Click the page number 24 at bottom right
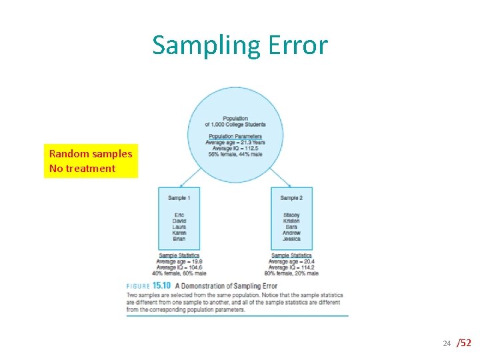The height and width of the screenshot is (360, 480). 447,343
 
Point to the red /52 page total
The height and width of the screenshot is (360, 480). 464,343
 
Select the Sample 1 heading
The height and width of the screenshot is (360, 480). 179,198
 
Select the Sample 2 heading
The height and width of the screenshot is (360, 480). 291,198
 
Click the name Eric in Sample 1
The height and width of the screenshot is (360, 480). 179,215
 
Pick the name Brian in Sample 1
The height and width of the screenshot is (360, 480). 179,239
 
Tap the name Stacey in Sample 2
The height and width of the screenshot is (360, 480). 291,215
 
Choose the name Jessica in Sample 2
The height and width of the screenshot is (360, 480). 291,239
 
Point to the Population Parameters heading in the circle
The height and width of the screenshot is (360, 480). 235,137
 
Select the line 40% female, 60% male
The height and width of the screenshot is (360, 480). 179,273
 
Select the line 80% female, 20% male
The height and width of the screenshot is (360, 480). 291,273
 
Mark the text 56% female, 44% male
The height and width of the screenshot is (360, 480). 235,155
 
